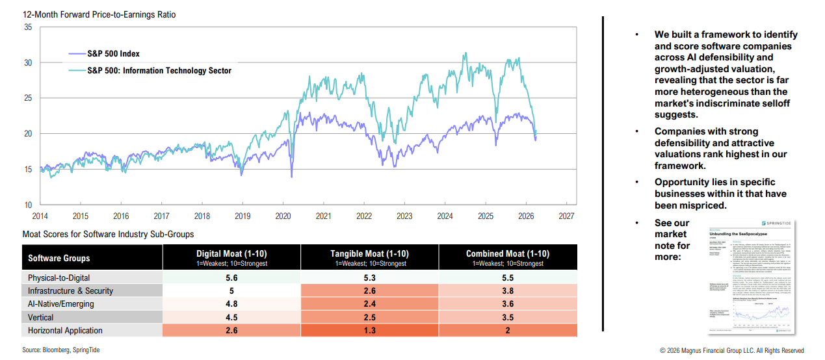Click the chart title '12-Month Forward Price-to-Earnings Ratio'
[99, 14]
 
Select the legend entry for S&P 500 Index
[113, 54]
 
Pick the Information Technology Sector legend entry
[159, 71]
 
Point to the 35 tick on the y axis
[28, 27]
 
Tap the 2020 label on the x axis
[283, 216]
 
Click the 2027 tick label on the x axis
[566, 216]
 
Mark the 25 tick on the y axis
[28, 98]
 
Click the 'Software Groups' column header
[59, 258]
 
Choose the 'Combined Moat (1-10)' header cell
[507, 254]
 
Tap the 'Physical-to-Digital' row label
[60, 277]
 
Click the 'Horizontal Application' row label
[65, 330]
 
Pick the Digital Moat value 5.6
[231, 277]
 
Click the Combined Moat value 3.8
[507, 290]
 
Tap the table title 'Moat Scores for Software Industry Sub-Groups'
[108, 234]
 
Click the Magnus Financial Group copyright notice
[731, 350]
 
